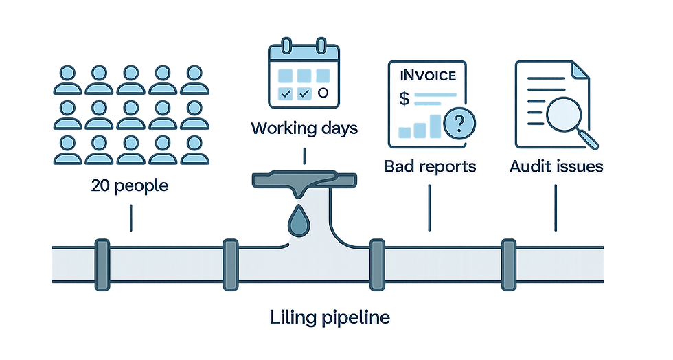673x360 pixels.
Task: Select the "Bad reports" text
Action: (x=431, y=166)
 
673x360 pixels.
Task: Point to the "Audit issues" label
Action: (x=556, y=166)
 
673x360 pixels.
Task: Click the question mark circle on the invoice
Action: (x=459, y=125)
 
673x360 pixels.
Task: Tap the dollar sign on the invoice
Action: (x=404, y=99)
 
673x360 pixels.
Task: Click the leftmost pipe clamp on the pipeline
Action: (x=102, y=264)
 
